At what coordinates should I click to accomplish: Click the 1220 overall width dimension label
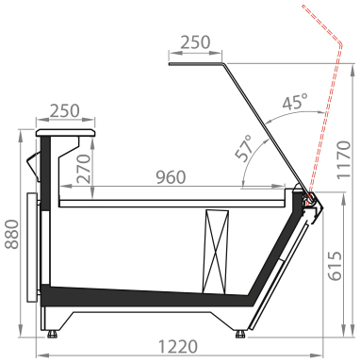178,347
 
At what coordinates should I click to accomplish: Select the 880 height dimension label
13,235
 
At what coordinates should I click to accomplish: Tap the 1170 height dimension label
343,160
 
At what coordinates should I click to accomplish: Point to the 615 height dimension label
334,266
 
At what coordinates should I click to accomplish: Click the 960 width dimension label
172,177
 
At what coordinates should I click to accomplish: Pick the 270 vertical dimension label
84,169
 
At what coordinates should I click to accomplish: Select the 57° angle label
244,148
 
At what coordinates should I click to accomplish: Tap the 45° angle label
294,102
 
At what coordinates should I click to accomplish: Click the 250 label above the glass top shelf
195,42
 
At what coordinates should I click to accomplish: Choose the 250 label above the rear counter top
65,111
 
